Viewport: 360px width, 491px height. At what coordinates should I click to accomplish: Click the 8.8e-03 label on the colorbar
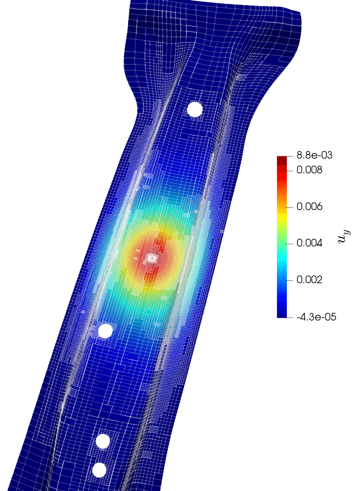pos(314,155)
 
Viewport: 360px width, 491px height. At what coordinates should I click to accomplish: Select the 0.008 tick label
pos(309,170)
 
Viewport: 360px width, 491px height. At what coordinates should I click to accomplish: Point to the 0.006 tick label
pos(309,207)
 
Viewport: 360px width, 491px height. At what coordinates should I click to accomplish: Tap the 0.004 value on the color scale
pos(309,243)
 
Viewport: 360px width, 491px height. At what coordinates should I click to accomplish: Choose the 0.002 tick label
pos(309,280)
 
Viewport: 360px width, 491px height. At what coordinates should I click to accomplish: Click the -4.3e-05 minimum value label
pos(316,317)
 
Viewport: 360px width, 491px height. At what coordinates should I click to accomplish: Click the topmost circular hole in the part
pos(195,109)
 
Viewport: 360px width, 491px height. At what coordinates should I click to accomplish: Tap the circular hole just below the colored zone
pos(105,331)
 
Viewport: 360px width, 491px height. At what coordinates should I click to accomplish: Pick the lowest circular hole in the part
pos(99,476)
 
